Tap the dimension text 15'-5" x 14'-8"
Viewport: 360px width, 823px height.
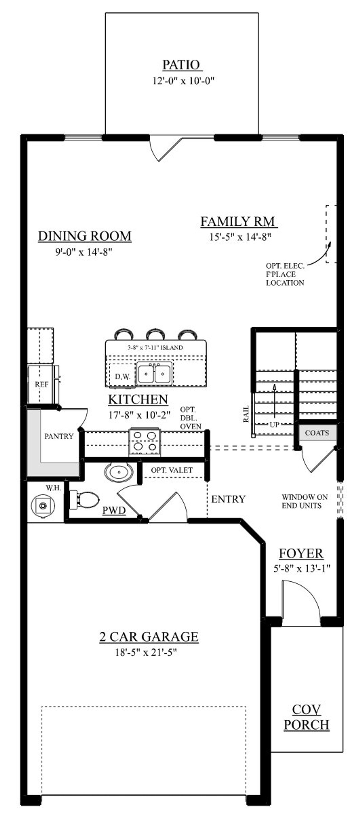pyautogui.click(x=240, y=237)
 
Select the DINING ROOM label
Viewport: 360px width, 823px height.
pyautogui.click(x=85, y=236)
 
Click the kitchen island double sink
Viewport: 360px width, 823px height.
pyautogui.click(x=155, y=373)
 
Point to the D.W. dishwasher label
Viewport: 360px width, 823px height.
pyautogui.click(x=123, y=377)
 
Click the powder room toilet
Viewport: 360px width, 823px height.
pyautogui.click(x=84, y=499)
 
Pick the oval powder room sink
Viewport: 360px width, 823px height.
pyautogui.click(x=119, y=472)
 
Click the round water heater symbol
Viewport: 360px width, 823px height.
pyautogui.click(x=43, y=505)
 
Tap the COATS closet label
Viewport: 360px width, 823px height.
pyautogui.click(x=317, y=433)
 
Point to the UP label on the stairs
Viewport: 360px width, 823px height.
pyautogui.click(x=274, y=425)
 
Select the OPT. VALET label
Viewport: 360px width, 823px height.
pyautogui.click(x=172, y=470)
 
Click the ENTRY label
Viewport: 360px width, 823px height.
pyautogui.click(x=228, y=499)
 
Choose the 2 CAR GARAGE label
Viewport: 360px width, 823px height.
pyautogui.click(x=149, y=637)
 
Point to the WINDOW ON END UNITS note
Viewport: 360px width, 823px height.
pyautogui.click(x=304, y=501)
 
